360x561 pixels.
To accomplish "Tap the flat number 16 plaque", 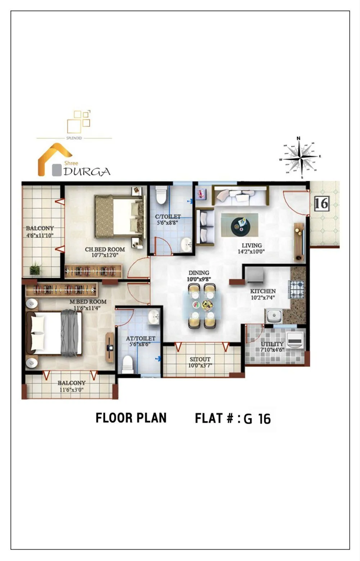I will [321, 203].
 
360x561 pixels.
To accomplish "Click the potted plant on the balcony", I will [35, 268].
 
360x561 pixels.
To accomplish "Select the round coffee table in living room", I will [239, 224].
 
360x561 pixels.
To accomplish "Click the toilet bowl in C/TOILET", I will [161, 195].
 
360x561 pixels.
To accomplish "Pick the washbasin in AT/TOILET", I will [154, 317].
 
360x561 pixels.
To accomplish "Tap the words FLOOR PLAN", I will [131, 418].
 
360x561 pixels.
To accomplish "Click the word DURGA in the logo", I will [87, 172].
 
